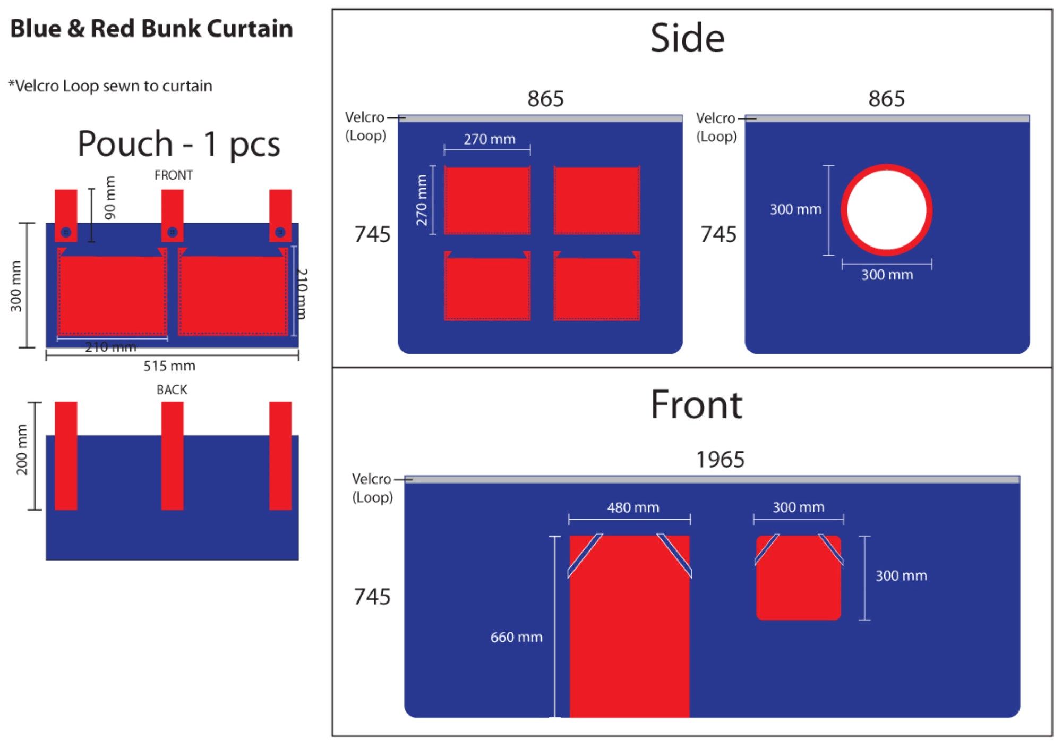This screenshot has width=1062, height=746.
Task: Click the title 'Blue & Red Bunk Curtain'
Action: (151, 29)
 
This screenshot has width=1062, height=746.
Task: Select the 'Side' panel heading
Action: (687, 38)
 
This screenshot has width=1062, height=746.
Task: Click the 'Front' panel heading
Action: (696, 405)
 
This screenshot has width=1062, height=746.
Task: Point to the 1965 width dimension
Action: (720, 460)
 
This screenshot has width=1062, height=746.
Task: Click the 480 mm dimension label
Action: (633, 507)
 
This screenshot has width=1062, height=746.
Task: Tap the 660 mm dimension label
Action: (516, 637)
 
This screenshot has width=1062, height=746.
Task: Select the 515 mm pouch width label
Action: (169, 366)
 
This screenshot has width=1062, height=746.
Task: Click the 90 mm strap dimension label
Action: (110, 198)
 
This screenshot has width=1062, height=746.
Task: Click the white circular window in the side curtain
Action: (886, 210)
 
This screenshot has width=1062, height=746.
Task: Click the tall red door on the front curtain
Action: (629, 638)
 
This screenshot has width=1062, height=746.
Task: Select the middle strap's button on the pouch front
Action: (172, 232)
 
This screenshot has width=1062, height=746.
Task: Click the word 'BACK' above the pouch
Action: (172, 390)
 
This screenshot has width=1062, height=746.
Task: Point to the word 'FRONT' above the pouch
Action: (173, 175)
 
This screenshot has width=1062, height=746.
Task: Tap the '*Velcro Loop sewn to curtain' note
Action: (110, 86)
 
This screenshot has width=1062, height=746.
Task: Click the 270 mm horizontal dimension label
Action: (489, 139)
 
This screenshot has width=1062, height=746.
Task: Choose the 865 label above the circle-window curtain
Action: (886, 99)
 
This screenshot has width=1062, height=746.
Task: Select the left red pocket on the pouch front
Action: (112, 295)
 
